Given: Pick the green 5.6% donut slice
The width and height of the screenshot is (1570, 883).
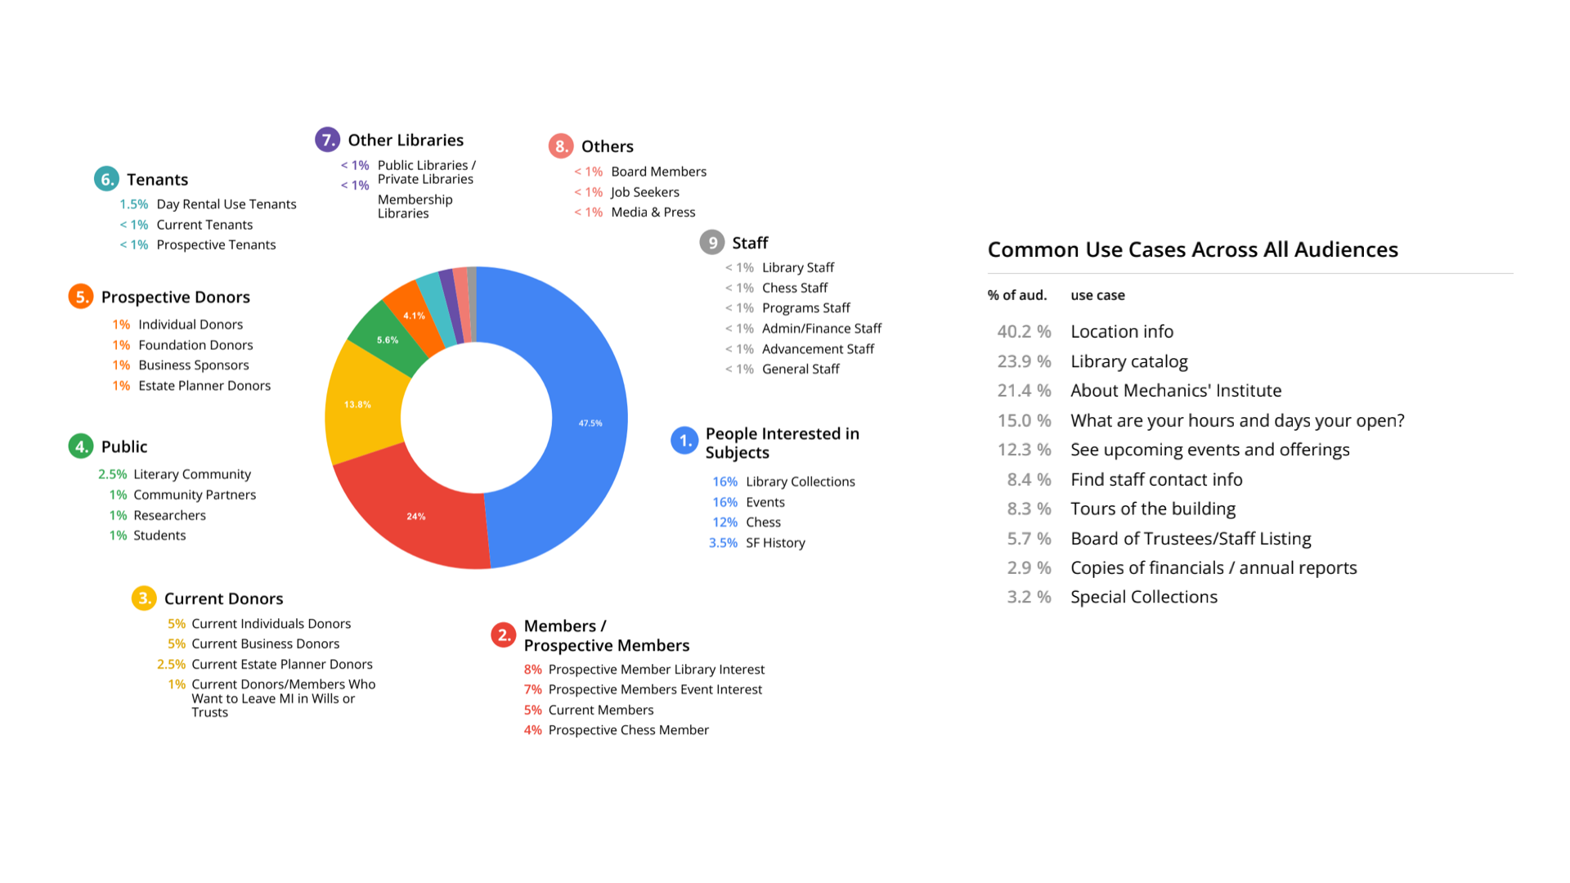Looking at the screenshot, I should pos(387,340).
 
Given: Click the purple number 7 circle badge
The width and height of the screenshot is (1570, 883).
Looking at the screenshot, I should pos(327,140).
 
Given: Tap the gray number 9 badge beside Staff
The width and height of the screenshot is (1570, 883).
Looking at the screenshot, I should pos(712,243).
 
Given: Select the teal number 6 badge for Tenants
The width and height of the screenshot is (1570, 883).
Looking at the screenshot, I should pos(106,179).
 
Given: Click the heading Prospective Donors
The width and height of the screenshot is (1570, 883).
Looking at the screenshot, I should pos(175,297).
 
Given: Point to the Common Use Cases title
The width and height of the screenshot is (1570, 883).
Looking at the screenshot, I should pos(1192,249).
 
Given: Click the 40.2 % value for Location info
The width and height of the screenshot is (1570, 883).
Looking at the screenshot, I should pos(1024,331).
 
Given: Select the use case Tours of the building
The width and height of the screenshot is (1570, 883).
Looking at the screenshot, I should pos(1152,509).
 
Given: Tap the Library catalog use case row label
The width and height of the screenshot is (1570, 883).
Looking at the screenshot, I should pos(1128,361).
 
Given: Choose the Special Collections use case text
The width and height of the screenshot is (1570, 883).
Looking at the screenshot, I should pos(1143,597).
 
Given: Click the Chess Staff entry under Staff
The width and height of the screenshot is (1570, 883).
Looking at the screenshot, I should pos(794,288).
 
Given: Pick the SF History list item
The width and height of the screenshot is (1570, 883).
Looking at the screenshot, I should pos(774,543).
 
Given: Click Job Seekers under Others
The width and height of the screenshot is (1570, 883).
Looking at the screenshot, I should pos(644,192).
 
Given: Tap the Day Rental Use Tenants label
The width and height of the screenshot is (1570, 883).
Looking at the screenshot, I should pos(226,204).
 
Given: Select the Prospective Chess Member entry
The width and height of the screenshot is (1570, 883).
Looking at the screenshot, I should pos(628,730).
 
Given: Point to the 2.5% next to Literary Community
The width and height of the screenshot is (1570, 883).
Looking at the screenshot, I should pos(112,474).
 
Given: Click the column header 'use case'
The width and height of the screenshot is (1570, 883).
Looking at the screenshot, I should pos(1097,295).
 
